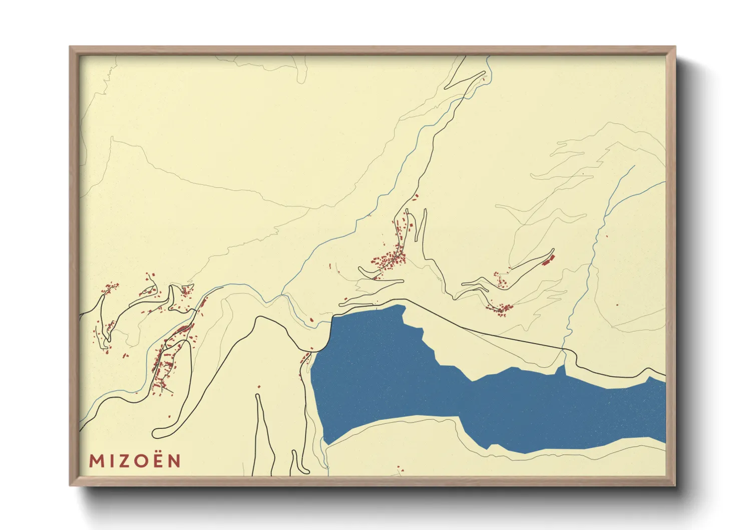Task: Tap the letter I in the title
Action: point(111,461)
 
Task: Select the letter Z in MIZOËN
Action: point(125,461)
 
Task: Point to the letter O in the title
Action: point(142,461)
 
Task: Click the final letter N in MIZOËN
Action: point(174,461)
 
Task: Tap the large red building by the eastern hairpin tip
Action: point(547,259)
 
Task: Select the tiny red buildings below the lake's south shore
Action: point(399,469)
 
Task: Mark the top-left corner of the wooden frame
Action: point(70,47)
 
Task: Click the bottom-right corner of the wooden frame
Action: point(675,485)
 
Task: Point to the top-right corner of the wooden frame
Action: point(675,47)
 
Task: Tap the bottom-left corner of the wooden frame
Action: point(70,485)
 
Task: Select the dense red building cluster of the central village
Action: point(388,260)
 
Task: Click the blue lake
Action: point(401,381)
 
